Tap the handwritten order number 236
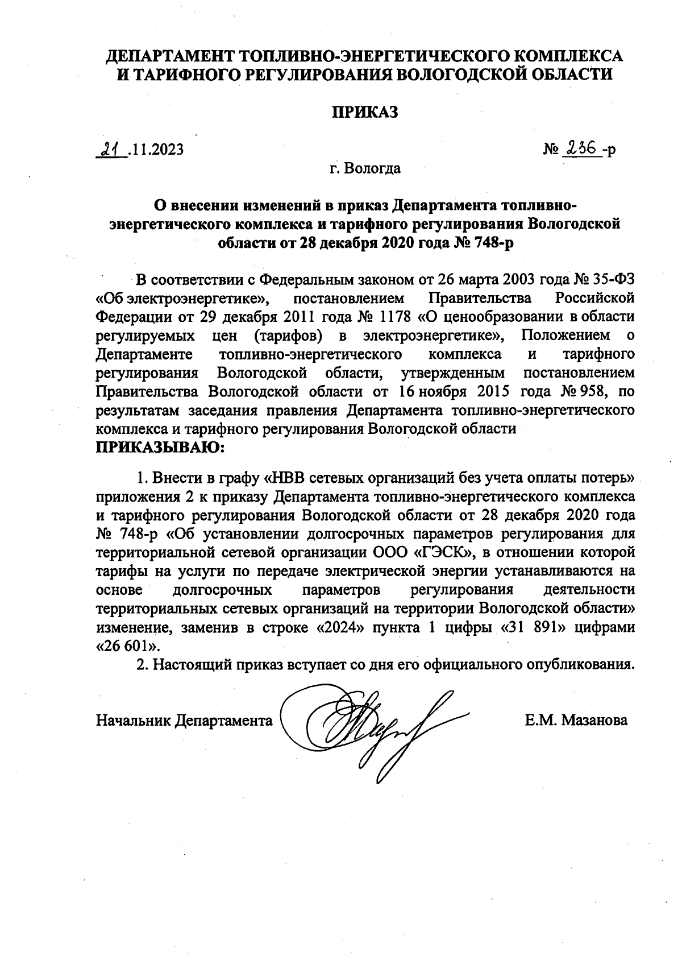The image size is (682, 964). click(x=580, y=148)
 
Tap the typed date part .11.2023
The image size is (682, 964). click(x=156, y=150)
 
